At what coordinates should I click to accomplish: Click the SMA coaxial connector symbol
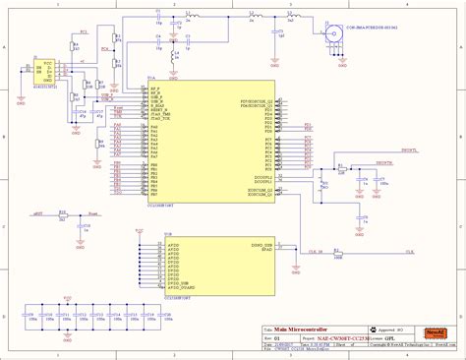(319, 29)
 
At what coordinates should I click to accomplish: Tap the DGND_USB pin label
(262, 244)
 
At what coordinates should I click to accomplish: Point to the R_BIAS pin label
(155, 96)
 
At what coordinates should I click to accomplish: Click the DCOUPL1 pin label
(263, 177)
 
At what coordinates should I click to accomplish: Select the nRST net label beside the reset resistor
(38, 212)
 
